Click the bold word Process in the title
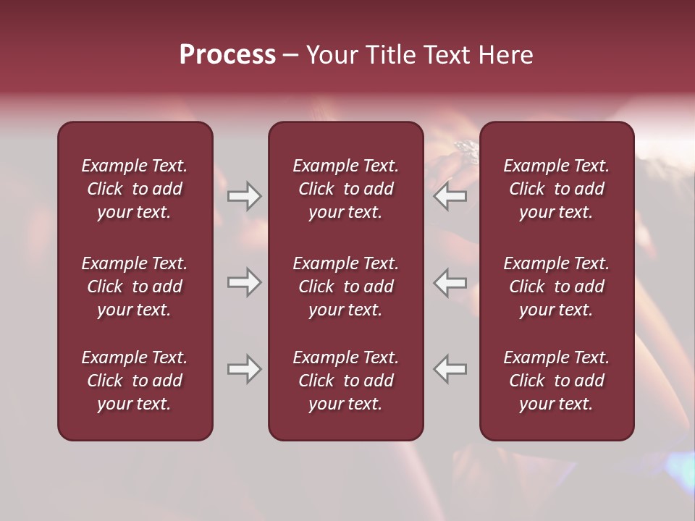(227, 54)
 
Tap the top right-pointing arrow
(244, 196)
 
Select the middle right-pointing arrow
(244, 282)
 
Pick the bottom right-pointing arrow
(244, 369)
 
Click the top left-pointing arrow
(450, 196)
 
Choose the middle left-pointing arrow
(450, 282)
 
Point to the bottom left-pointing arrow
(450, 369)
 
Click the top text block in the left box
(135, 189)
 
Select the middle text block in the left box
(135, 287)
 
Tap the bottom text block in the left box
(135, 381)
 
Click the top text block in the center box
(346, 189)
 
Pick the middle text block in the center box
(346, 287)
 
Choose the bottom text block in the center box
(346, 381)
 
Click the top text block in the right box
(557, 189)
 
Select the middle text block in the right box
(557, 287)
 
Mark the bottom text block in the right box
(557, 381)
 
